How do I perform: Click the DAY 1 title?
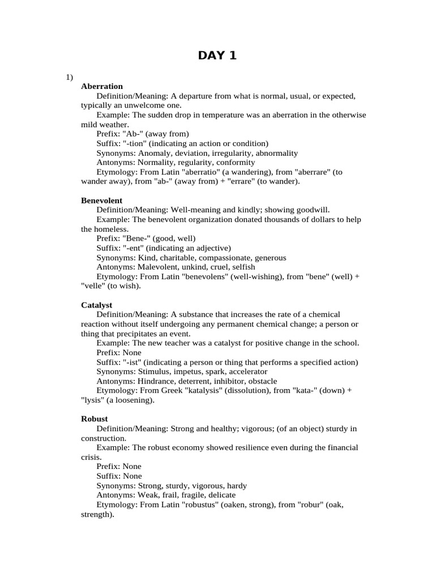tap(217, 55)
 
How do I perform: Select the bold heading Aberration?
tap(102, 87)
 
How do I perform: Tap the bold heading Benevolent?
tap(102, 201)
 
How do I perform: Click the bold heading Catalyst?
tap(97, 305)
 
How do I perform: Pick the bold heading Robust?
tap(95, 419)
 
